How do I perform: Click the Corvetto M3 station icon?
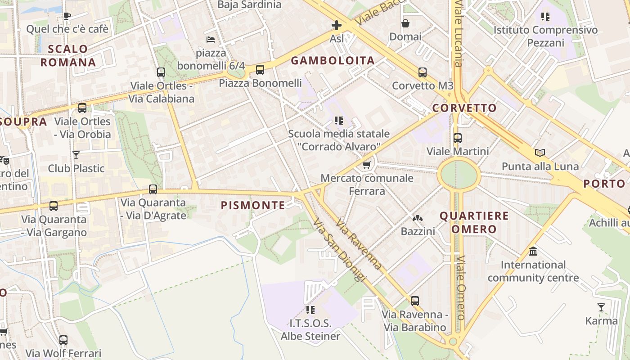pos(422,72)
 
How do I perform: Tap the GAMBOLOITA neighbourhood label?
pos(333,61)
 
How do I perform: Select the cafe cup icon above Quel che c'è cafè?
pos(67,16)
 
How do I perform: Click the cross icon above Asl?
pos(337,25)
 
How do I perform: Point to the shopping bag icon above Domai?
pos(405,23)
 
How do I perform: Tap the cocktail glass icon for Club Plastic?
pos(76,155)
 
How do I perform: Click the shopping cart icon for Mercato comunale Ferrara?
pos(367,165)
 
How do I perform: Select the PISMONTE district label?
pos(253,206)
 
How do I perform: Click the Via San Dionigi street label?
pos(337,250)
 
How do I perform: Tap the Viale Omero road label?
pos(460,288)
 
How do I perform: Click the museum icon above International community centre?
pos(533,251)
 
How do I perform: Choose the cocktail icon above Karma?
pos(601,307)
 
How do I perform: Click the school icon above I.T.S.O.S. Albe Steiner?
pos(310,310)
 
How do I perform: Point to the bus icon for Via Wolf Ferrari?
pos(63,340)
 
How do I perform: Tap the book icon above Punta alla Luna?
pos(540,153)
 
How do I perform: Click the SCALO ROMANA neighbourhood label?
pos(68,55)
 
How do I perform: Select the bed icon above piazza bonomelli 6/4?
pos(211,40)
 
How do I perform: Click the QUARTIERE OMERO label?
pos(474,222)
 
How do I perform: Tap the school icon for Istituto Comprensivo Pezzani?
pos(545,17)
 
